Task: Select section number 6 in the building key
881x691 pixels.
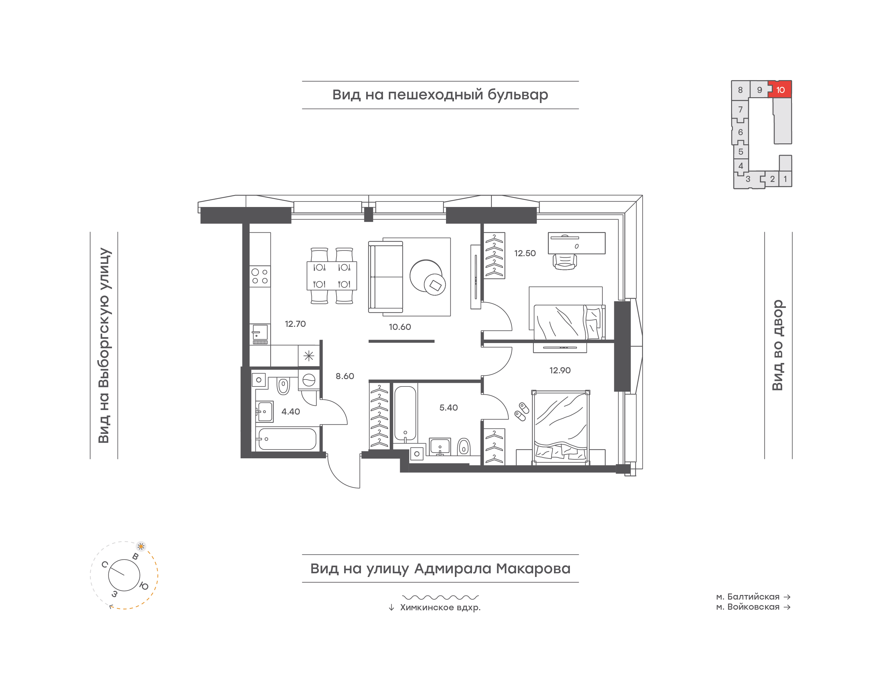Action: (x=740, y=132)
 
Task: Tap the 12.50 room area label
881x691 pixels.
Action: (x=525, y=253)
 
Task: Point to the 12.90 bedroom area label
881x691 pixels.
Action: (x=560, y=370)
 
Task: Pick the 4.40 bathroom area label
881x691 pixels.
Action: (x=291, y=412)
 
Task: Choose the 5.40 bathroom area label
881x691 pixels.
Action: (x=448, y=407)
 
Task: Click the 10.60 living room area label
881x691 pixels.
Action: (x=400, y=327)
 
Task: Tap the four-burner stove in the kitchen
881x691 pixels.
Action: (x=260, y=276)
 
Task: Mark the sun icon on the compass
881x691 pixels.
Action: (x=141, y=546)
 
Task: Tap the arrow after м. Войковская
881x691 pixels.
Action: (x=787, y=607)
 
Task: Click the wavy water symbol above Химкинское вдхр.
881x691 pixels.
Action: (x=440, y=597)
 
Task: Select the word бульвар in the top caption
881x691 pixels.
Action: (x=518, y=95)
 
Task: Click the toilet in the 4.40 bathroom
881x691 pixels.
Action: (x=283, y=385)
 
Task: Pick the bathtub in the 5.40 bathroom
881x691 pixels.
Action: (x=405, y=413)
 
